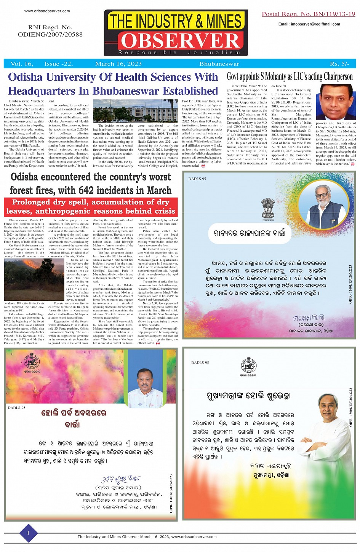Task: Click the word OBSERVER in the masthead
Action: click(x=180, y=41)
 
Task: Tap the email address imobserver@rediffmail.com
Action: click(x=309, y=24)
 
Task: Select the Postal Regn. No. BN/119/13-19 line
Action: click(x=308, y=14)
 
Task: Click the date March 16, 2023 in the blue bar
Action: click(x=118, y=64)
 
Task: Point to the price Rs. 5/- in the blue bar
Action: click(x=339, y=64)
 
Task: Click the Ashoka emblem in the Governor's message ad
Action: click(x=268, y=208)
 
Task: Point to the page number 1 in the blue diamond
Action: click(x=28, y=533)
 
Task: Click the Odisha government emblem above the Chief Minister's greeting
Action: click(x=248, y=366)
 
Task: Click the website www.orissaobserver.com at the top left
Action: click(x=47, y=11)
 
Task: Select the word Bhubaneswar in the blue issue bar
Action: click(x=219, y=64)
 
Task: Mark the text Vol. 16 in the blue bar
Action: click(x=21, y=64)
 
